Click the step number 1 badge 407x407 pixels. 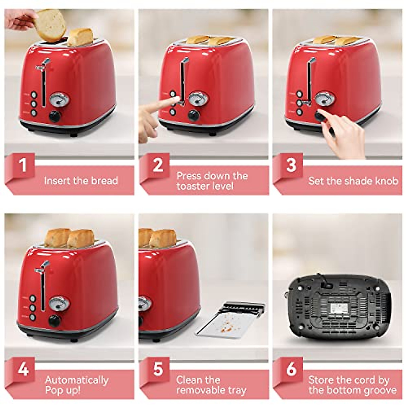(22, 165)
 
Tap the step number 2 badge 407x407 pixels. (158, 165)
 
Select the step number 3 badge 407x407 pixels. (291, 165)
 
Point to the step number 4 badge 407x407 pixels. (23, 369)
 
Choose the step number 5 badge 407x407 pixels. (158, 369)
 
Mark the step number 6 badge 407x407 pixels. (291, 369)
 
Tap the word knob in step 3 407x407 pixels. (385, 181)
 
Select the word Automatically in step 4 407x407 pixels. (77, 380)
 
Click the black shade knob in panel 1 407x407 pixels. (55, 117)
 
